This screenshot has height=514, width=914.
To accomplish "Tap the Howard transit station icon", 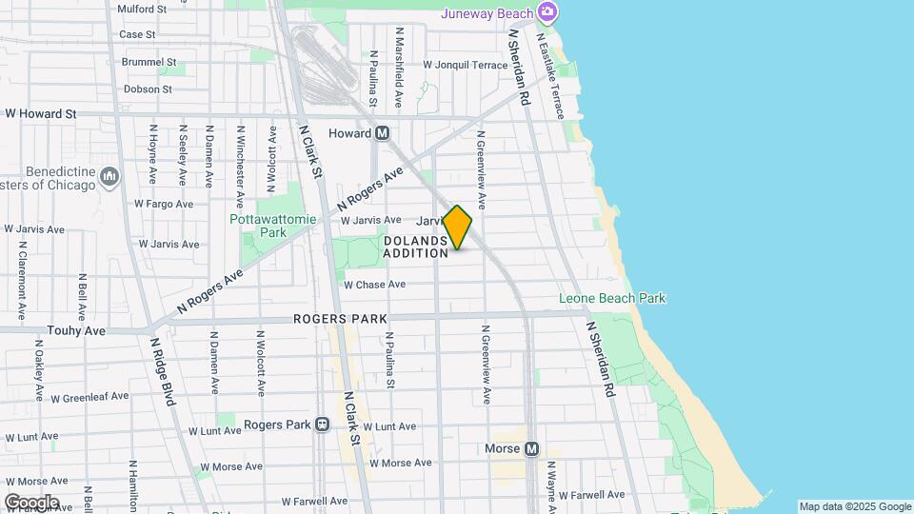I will (382, 133).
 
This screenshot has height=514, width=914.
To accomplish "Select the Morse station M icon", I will (531, 449).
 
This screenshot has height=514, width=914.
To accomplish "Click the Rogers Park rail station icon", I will (323, 425).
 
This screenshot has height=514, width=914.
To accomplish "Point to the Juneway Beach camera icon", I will (546, 12).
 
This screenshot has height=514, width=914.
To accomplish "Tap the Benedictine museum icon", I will (109, 177).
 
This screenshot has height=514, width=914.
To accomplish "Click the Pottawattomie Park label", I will (259, 225).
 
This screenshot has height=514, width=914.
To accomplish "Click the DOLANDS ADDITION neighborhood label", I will (416, 247).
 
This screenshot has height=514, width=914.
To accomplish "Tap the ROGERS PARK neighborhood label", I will (340, 319).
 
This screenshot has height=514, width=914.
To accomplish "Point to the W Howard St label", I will (40, 113).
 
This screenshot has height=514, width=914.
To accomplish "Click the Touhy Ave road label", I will (76, 330).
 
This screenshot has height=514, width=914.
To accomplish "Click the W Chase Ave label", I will (374, 285).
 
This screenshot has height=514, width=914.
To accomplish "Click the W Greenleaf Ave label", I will (94, 399).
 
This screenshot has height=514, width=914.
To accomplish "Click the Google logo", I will (31, 503).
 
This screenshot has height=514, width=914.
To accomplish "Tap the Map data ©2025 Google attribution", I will (854, 506).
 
